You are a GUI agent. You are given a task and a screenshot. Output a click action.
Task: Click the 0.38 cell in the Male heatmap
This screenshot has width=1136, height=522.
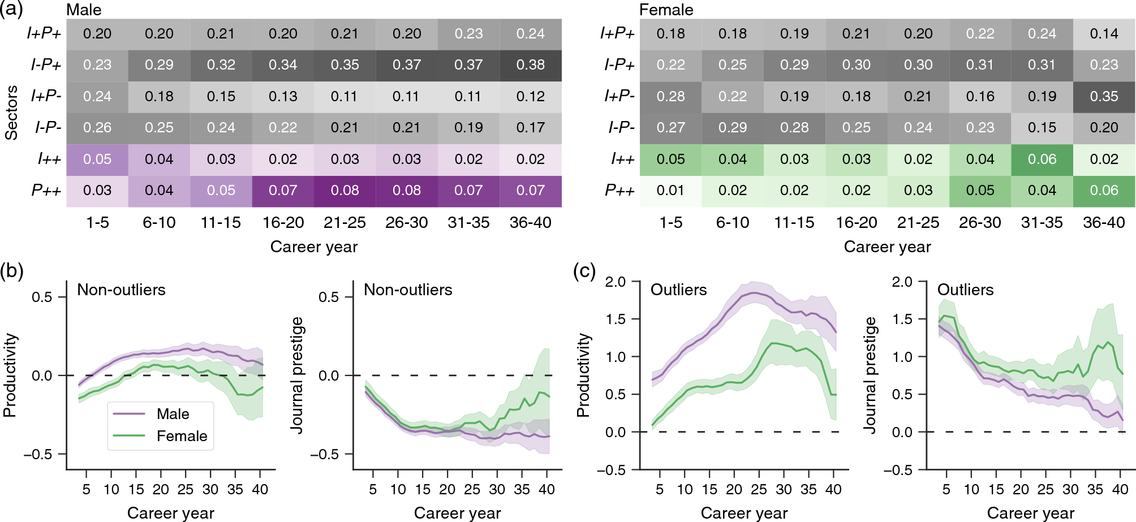[530, 65]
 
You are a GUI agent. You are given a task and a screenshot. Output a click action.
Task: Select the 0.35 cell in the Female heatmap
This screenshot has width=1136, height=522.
[1103, 97]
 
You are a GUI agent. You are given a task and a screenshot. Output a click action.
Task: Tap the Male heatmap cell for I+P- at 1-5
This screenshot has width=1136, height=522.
[97, 97]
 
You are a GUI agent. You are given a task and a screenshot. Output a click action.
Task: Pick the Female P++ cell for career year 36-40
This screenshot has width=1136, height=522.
[1103, 191]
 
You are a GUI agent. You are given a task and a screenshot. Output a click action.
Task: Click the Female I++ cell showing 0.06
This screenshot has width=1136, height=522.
[1042, 159]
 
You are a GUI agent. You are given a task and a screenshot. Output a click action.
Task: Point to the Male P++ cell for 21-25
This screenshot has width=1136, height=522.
[345, 191]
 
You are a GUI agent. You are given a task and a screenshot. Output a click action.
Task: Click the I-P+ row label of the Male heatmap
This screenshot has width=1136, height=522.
[46, 65]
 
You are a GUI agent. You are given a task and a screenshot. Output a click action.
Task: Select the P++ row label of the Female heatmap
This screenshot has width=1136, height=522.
[619, 191]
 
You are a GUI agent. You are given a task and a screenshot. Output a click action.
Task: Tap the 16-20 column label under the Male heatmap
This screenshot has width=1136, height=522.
[283, 222]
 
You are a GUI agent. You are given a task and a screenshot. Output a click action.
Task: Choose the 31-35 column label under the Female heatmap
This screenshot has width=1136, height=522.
[1042, 222]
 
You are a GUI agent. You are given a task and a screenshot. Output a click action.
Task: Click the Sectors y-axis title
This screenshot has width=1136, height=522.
[11, 113]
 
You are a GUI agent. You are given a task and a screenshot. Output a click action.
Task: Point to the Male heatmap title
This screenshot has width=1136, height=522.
[84, 10]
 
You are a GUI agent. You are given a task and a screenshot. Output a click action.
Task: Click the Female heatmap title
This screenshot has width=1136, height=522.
[666, 10]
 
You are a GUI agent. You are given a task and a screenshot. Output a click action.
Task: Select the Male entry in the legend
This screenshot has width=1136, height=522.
[173, 414]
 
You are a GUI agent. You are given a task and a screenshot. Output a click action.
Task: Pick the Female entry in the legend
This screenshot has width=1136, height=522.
[182, 436]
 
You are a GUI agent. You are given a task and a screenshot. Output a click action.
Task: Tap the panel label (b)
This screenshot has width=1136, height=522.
[12, 271]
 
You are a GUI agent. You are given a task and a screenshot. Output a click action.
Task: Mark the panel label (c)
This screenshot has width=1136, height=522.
[584, 271]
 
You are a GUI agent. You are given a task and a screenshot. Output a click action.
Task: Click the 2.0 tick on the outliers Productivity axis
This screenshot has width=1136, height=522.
[615, 282]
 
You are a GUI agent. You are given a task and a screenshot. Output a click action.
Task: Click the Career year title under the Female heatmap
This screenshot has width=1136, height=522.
[887, 247]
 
